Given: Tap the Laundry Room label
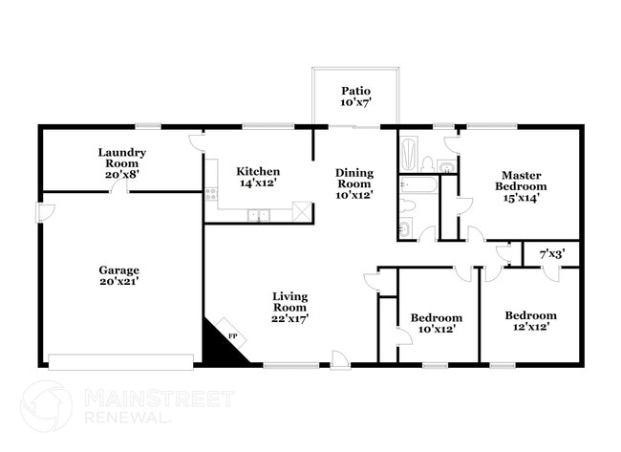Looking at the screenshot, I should pos(122,163).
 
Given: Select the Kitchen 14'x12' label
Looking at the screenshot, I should pos(257,178).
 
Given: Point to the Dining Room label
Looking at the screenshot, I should pos(353,183).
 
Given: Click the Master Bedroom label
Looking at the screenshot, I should pos(521,186).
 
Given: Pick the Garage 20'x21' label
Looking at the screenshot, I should pos(118,275).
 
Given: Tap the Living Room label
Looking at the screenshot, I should pos(289,308).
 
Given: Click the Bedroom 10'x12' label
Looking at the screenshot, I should pos(436,323).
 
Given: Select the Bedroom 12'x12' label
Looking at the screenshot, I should pos(530,321).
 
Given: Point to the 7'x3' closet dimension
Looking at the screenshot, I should pos(551,254).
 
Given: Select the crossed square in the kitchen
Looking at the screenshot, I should pos(302,211).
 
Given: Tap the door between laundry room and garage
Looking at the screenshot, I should pos(118,185).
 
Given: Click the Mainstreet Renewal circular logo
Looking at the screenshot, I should pos(46,406).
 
